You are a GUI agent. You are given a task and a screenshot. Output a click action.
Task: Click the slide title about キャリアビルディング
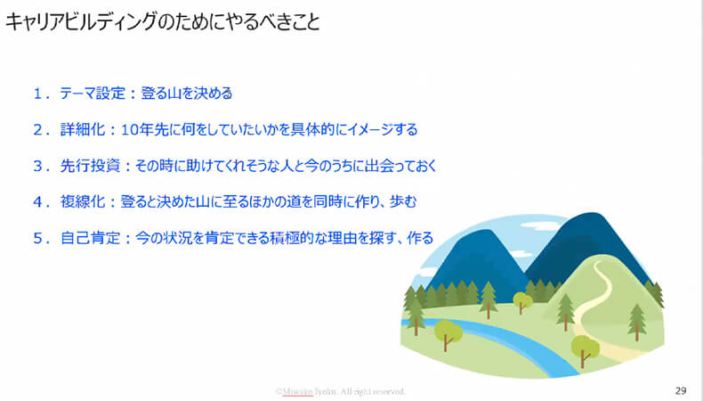(x=163, y=21)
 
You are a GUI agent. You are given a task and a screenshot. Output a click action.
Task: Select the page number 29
(x=681, y=390)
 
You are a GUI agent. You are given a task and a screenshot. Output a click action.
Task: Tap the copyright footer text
(x=341, y=391)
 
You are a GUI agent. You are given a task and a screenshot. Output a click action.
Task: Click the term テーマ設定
(x=93, y=94)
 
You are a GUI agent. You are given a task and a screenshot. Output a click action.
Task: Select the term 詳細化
(x=83, y=130)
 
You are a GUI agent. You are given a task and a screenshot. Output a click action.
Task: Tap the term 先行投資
(x=90, y=166)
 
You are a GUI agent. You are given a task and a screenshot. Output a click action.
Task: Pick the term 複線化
(x=83, y=202)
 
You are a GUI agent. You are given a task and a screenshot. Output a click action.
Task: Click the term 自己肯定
(x=90, y=238)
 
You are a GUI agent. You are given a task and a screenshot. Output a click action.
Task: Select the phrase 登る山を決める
(x=187, y=94)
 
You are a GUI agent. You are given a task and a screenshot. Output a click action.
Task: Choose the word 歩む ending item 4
(x=403, y=202)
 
